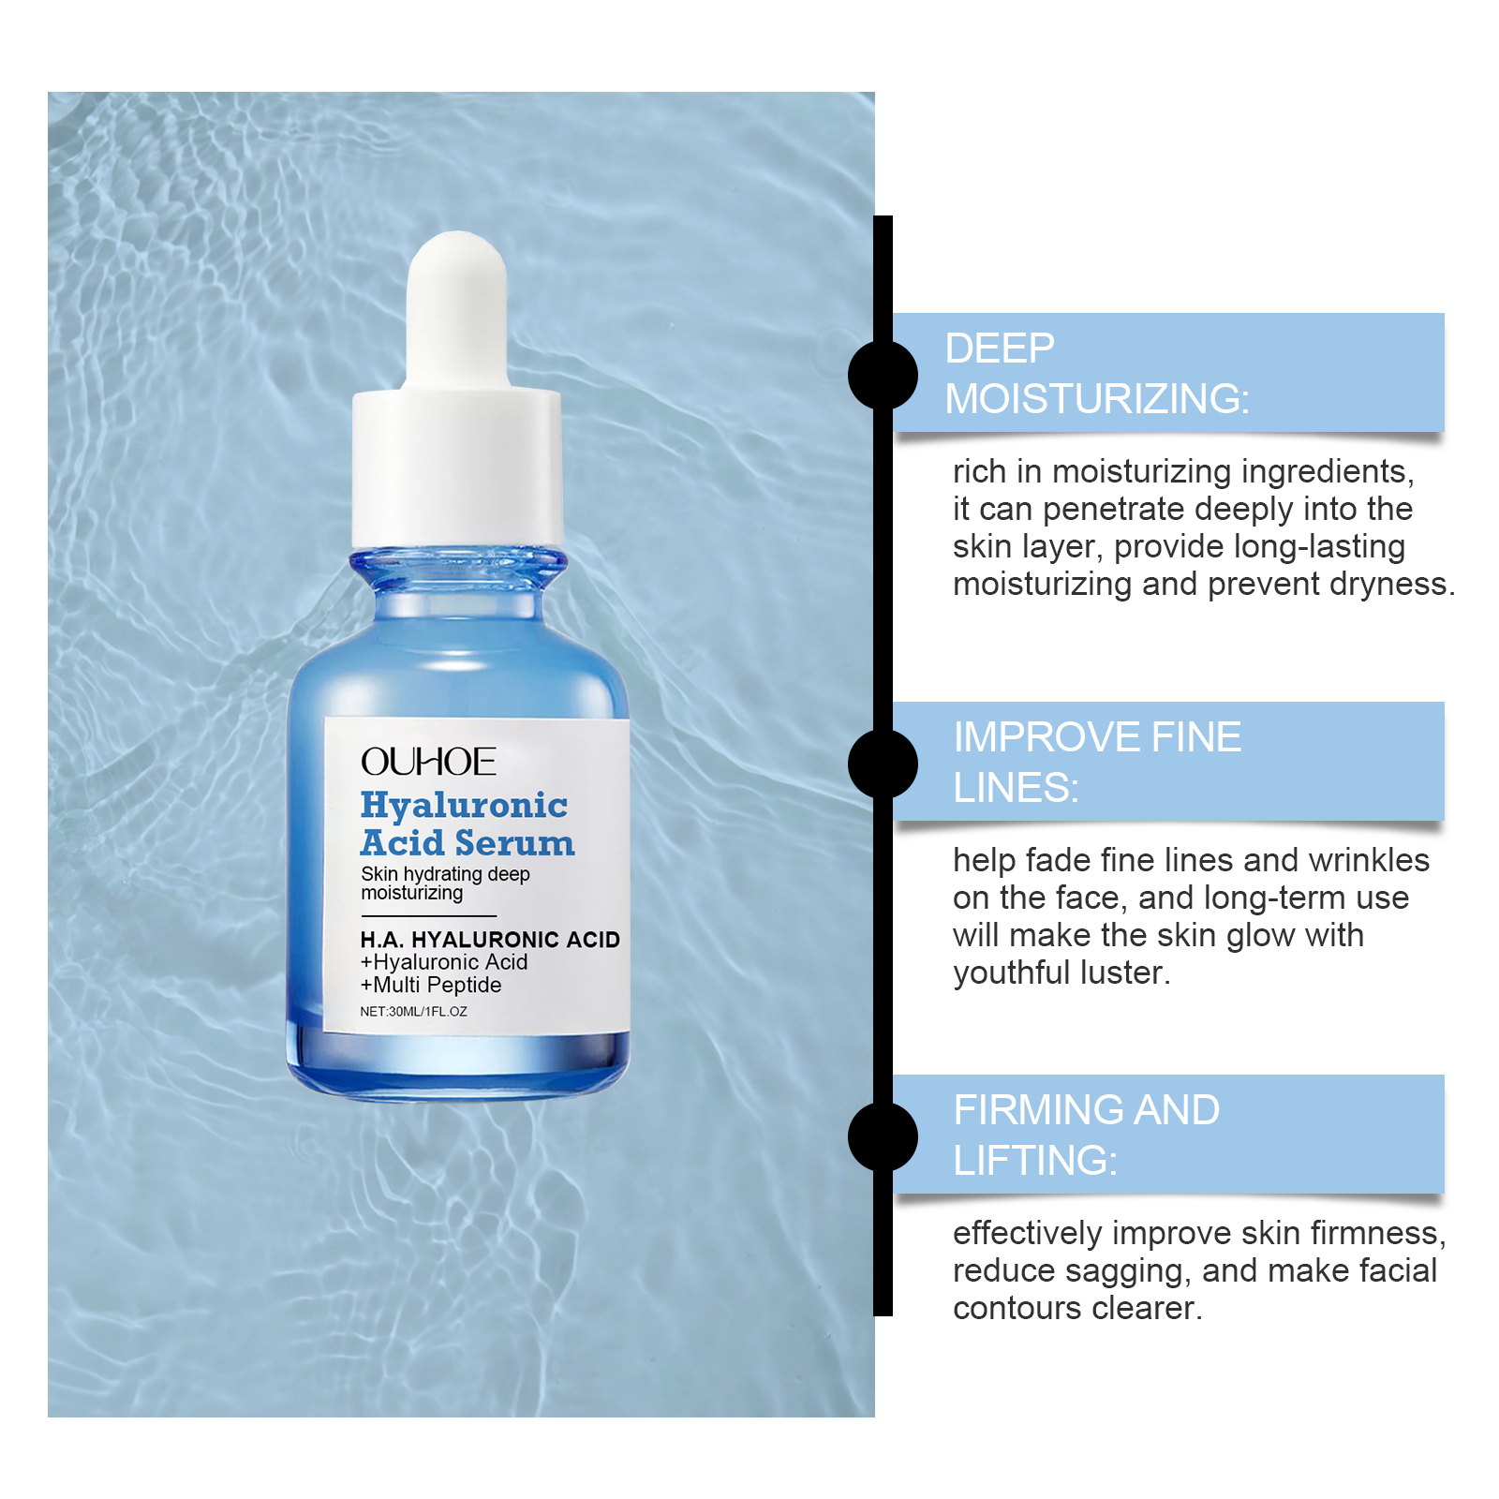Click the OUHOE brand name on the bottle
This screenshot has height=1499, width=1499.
coord(428,762)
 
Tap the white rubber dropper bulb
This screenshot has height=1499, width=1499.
coord(457,309)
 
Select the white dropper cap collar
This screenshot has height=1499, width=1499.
coord(457,468)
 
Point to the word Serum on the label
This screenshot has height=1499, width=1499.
coord(521,843)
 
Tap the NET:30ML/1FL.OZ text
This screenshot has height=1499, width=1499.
coord(413,1012)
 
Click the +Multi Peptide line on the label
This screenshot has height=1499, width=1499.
coord(431,985)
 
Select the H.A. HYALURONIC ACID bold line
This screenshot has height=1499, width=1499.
coord(490,940)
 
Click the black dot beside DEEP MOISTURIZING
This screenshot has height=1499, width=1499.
coord(883,375)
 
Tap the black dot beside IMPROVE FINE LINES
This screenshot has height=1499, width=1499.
coord(883,764)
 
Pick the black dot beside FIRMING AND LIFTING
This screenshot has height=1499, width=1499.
coord(883,1136)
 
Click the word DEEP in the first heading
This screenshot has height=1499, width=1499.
coord(1000,349)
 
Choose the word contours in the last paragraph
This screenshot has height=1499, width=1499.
coord(1009,1308)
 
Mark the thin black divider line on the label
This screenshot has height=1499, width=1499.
coord(428,915)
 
